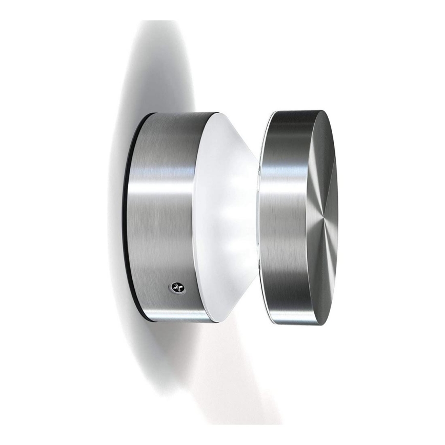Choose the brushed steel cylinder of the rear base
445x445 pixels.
pos(164,231)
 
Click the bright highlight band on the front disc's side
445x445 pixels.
pos(287,169)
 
